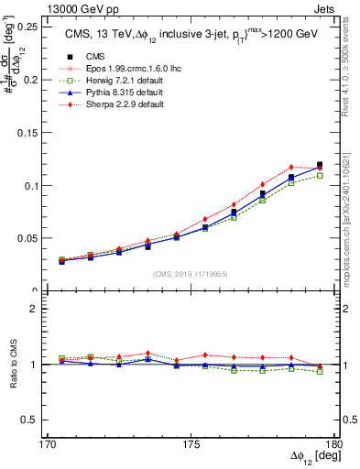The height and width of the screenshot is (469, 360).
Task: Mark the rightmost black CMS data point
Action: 320,165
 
